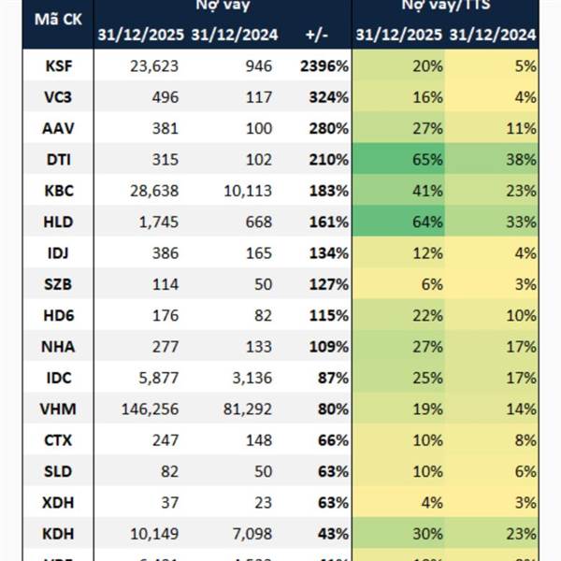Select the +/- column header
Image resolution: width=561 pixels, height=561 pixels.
318,36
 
